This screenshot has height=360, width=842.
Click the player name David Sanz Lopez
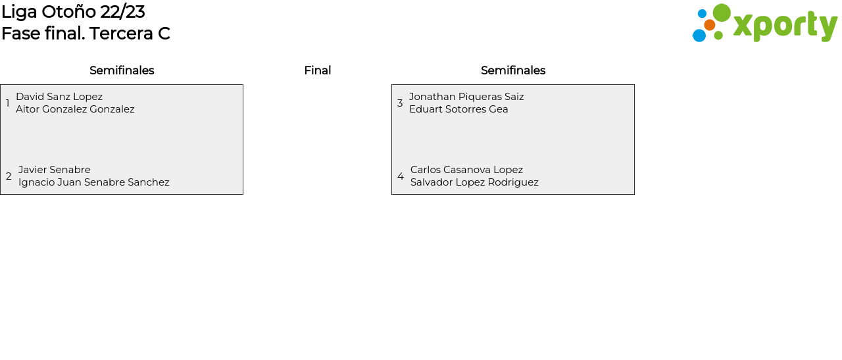[x=59, y=97]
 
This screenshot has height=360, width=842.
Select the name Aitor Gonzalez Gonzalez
[x=75, y=109]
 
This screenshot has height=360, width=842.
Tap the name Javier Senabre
[x=55, y=170]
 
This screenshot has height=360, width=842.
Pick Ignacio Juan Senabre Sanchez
[x=93, y=182]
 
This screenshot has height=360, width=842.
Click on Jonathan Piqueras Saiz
[x=466, y=97]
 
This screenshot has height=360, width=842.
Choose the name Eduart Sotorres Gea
[x=458, y=109]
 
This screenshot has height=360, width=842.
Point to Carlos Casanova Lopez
[x=466, y=170]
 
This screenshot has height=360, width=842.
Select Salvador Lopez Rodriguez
[x=474, y=182]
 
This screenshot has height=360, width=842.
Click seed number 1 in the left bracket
[x=8, y=103]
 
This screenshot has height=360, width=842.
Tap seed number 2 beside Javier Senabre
[x=9, y=176]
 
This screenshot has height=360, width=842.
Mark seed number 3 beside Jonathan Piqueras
[x=400, y=103]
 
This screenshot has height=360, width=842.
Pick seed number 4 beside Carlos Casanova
[x=401, y=176]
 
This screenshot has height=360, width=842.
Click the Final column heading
[x=317, y=70]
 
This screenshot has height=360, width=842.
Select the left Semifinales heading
[x=122, y=70]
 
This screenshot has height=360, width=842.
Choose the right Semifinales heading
[x=513, y=70]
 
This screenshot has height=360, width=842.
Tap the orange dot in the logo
[x=709, y=25]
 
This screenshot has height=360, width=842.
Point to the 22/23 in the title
[x=122, y=12]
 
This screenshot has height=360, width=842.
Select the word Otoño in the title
[x=69, y=12]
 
